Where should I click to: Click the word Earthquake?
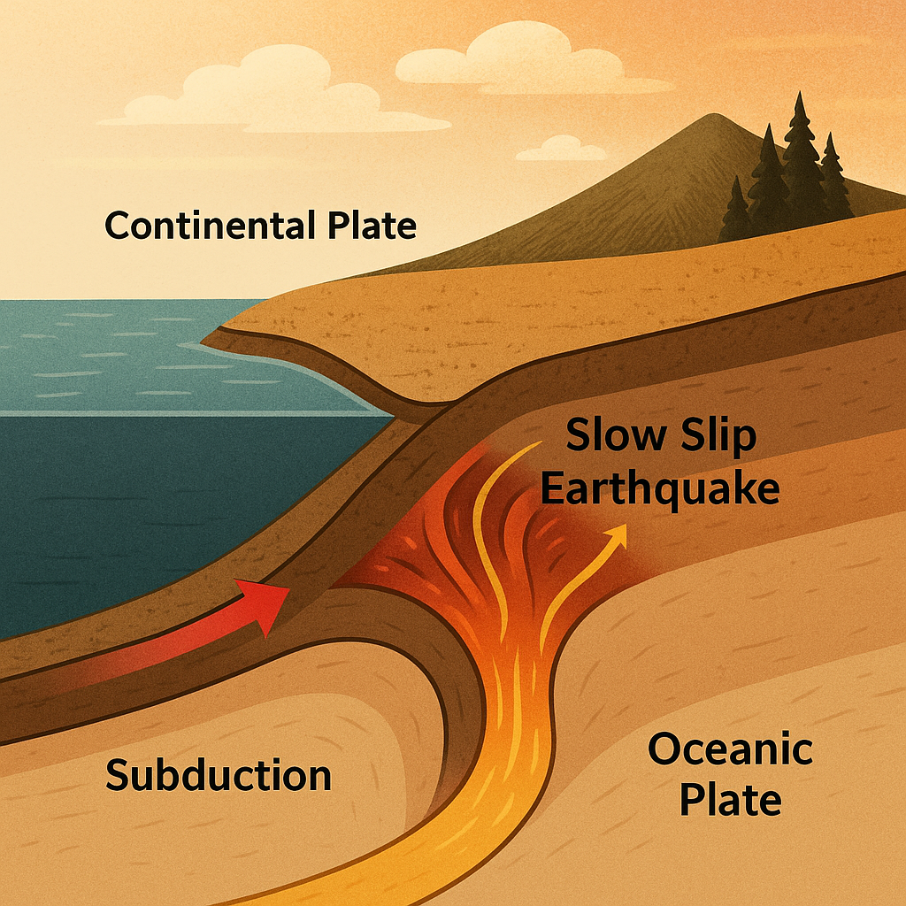(x=660, y=488)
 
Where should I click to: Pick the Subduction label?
(x=219, y=775)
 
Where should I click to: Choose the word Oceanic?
(x=730, y=751)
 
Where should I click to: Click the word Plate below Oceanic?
(x=730, y=800)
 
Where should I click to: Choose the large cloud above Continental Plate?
(x=265, y=93)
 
